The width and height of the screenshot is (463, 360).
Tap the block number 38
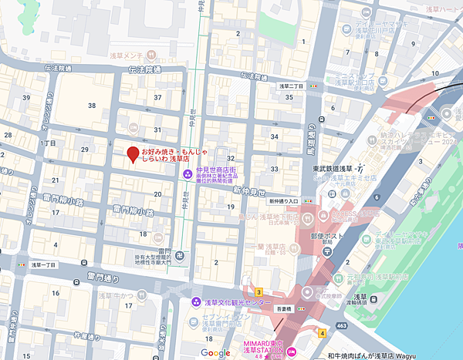point(92,106)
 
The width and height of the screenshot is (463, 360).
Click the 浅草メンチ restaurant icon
point(152,56)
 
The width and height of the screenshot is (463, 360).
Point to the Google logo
point(216,352)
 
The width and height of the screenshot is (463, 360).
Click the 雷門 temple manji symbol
point(179,255)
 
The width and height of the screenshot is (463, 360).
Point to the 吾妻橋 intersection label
point(284,308)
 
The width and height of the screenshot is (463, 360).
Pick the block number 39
point(27,98)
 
